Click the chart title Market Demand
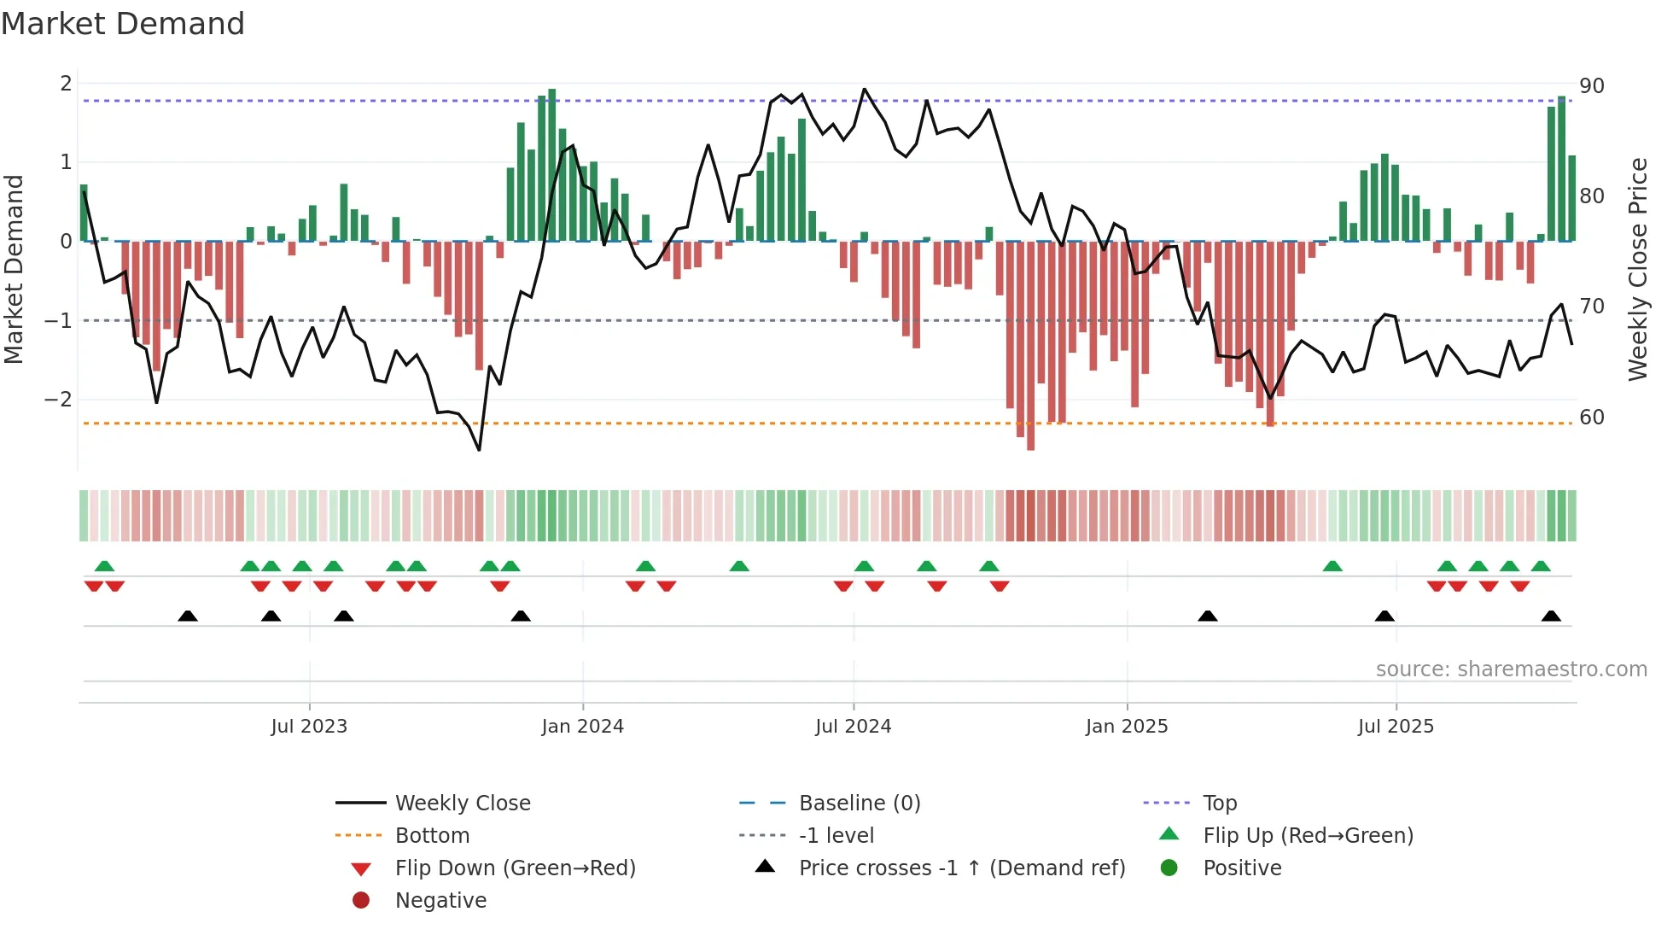coord(123,24)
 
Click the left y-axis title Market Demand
coord(14,269)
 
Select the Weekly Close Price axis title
coord(1637,269)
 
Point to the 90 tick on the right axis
coord(1591,86)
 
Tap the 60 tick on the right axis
coord(1591,418)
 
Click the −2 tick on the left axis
coord(59,400)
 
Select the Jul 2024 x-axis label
coord(853,727)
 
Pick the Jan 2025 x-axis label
coord(1127,727)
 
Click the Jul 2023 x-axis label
coord(309,727)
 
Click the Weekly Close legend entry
coord(462,804)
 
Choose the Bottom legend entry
coord(432,836)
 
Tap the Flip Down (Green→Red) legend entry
coord(515,868)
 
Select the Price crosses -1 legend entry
coord(961,868)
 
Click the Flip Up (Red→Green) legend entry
coord(1308,836)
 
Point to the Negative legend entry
coord(440,901)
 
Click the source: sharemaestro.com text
coord(1511,669)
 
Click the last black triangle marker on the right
coord(1551,617)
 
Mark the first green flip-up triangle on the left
coord(104,566)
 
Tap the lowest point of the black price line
coord(479,449)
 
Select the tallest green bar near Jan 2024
coord(552,162)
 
